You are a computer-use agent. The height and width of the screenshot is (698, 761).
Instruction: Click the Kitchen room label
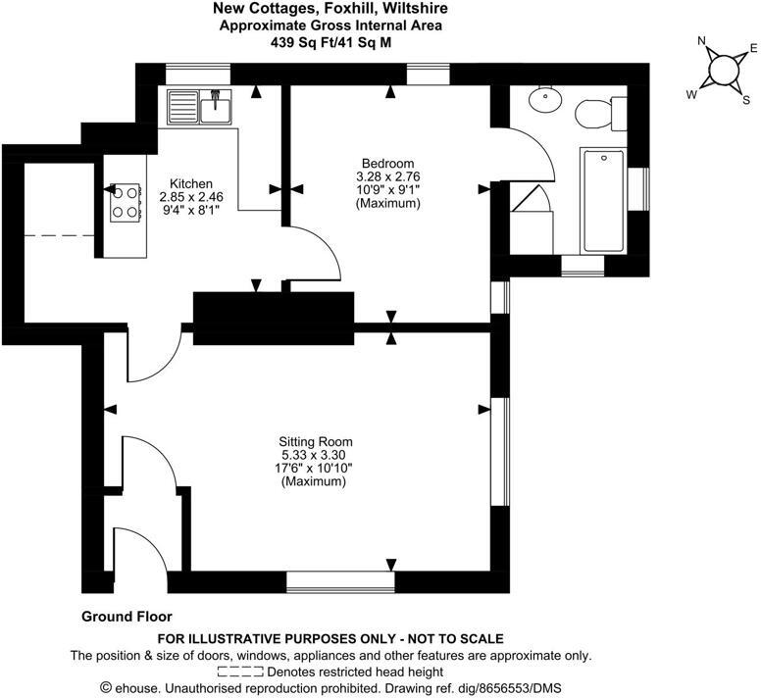coord(191,183)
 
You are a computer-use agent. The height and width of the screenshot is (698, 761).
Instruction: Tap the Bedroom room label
coord(387,164)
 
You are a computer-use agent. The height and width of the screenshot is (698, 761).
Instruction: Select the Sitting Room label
coord(316,441)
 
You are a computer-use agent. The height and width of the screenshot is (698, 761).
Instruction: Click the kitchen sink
coord(200,106)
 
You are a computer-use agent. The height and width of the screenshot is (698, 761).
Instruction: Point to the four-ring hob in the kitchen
coord(124,201)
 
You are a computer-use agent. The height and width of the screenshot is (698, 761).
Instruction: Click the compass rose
coord(723,71)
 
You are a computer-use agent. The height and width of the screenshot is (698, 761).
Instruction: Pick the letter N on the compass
coord(701,41)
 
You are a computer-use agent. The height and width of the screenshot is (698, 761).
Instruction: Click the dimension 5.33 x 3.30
coord(316,455)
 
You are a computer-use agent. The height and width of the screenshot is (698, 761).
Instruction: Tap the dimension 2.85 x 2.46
coord(191,196)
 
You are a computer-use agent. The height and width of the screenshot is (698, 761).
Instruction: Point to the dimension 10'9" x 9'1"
coord(387,190)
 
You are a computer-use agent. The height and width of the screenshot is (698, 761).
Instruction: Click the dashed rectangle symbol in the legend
coord(240,673)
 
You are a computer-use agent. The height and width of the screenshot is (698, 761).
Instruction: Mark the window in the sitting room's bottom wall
coord(339,582)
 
